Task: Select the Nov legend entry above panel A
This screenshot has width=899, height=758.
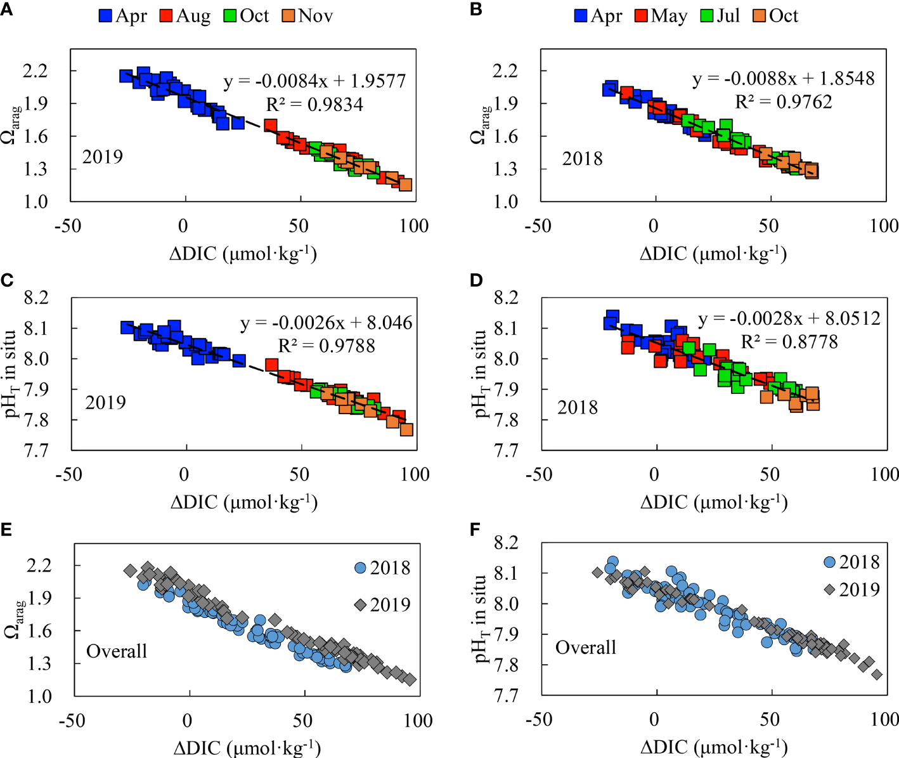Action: [x=307, y=16]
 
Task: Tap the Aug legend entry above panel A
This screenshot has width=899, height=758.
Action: [x=185, y=16]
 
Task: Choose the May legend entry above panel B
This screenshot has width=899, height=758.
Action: [x=661, y=16]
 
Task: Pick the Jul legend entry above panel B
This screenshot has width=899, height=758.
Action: [x=720, y=16]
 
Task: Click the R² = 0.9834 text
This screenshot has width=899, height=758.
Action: [x=314, y=104]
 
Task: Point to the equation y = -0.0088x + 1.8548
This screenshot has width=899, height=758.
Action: [x=784, y=79]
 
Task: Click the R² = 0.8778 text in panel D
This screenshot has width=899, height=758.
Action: [x=789, y=342]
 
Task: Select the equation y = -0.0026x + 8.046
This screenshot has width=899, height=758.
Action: [x=327, y=323]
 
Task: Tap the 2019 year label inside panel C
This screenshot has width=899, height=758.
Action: [x=105, y=403]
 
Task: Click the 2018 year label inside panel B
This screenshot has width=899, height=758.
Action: [x=582, y=159]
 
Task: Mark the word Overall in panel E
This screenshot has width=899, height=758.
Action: [x=117, y=651]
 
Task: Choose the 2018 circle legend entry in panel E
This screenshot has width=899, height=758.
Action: [x=382, y=568]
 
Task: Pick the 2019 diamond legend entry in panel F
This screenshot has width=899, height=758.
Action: [x=852, y=590]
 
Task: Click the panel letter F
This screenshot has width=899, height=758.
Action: [x=476, y=528]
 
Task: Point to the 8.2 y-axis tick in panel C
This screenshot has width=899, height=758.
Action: [x=36, y=297]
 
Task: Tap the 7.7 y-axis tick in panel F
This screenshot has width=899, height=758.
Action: [x=506, y=696]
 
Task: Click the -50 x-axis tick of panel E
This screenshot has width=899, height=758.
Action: [x=72, y=721]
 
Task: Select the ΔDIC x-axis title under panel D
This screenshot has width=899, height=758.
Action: [x=714, y=502]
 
